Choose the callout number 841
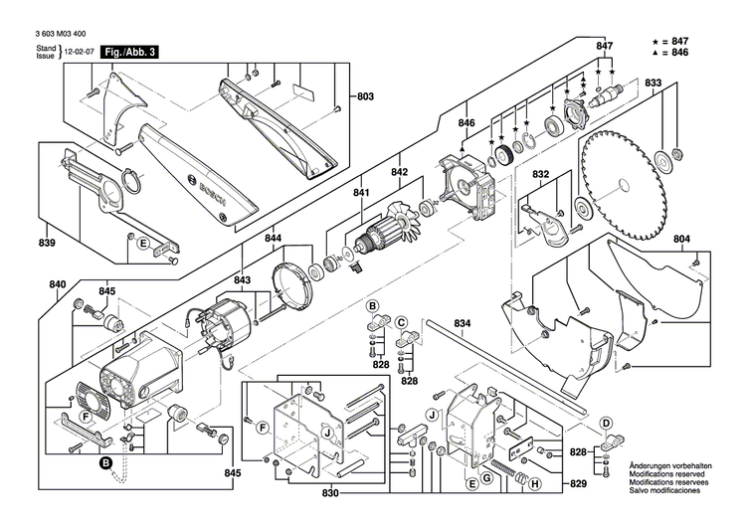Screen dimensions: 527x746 click(360, 194)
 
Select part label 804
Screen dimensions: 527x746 click(709, 239)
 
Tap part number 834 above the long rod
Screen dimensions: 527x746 click(462, 324)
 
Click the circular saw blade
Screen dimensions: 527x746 click(622, 184)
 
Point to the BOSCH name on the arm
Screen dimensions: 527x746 click(213, 195)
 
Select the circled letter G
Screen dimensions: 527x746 click(487, 479)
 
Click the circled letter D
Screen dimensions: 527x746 click(605, 422)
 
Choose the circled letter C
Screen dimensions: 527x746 click(403, 322)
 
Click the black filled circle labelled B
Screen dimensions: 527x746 click(104, 463)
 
